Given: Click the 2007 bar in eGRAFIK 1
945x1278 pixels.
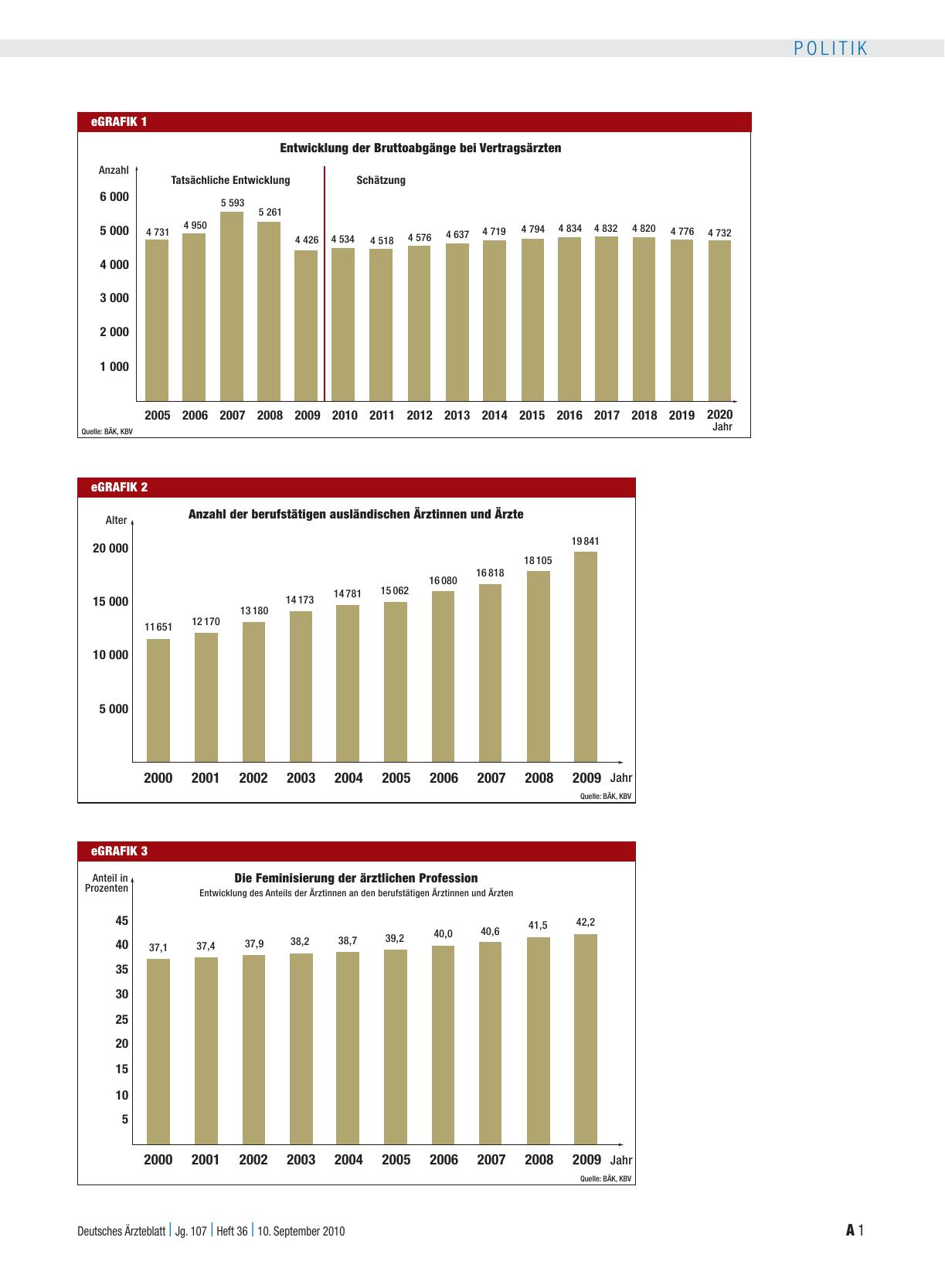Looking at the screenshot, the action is click(x=232, y=307).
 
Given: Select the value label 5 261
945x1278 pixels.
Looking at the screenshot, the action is click(x=270, y=212).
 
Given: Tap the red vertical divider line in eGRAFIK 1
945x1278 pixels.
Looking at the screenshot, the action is click(x=325, y=284).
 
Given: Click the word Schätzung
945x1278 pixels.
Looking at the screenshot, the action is click(x=381, y=180).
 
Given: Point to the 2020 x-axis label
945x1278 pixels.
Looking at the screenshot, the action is click(x=719, y=414).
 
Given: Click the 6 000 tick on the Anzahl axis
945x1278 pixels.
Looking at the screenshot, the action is click(x=114, y=196).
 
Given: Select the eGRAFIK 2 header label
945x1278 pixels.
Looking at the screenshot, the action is click(x=119, y=488).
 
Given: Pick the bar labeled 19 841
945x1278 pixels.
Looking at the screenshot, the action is click(x=586, y=657).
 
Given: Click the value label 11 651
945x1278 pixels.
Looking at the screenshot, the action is click(x=158, y=627).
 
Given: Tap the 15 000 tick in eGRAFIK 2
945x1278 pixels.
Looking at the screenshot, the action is click(x=110, y=602).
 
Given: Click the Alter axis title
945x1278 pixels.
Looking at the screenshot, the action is click(x=116, y=520).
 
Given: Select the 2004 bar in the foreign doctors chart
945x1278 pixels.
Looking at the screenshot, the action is click(x=348, y=683).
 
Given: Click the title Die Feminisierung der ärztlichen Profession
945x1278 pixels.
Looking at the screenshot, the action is click(x=356, y=878).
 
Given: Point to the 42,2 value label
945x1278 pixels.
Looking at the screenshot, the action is click(x=586, y=922).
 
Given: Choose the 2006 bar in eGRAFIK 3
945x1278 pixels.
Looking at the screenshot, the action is click(x=443, y=1045).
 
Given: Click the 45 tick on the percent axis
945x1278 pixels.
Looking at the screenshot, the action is click(x=121, y=921).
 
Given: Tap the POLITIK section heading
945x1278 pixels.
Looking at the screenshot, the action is click(x=831, y=49).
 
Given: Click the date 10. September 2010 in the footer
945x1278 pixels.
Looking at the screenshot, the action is click(x=301, y=1232).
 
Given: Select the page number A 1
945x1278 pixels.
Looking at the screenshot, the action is click(x=855, y=1230).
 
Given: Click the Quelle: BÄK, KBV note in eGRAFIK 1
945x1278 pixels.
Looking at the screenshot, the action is click(x=107, y=432).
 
